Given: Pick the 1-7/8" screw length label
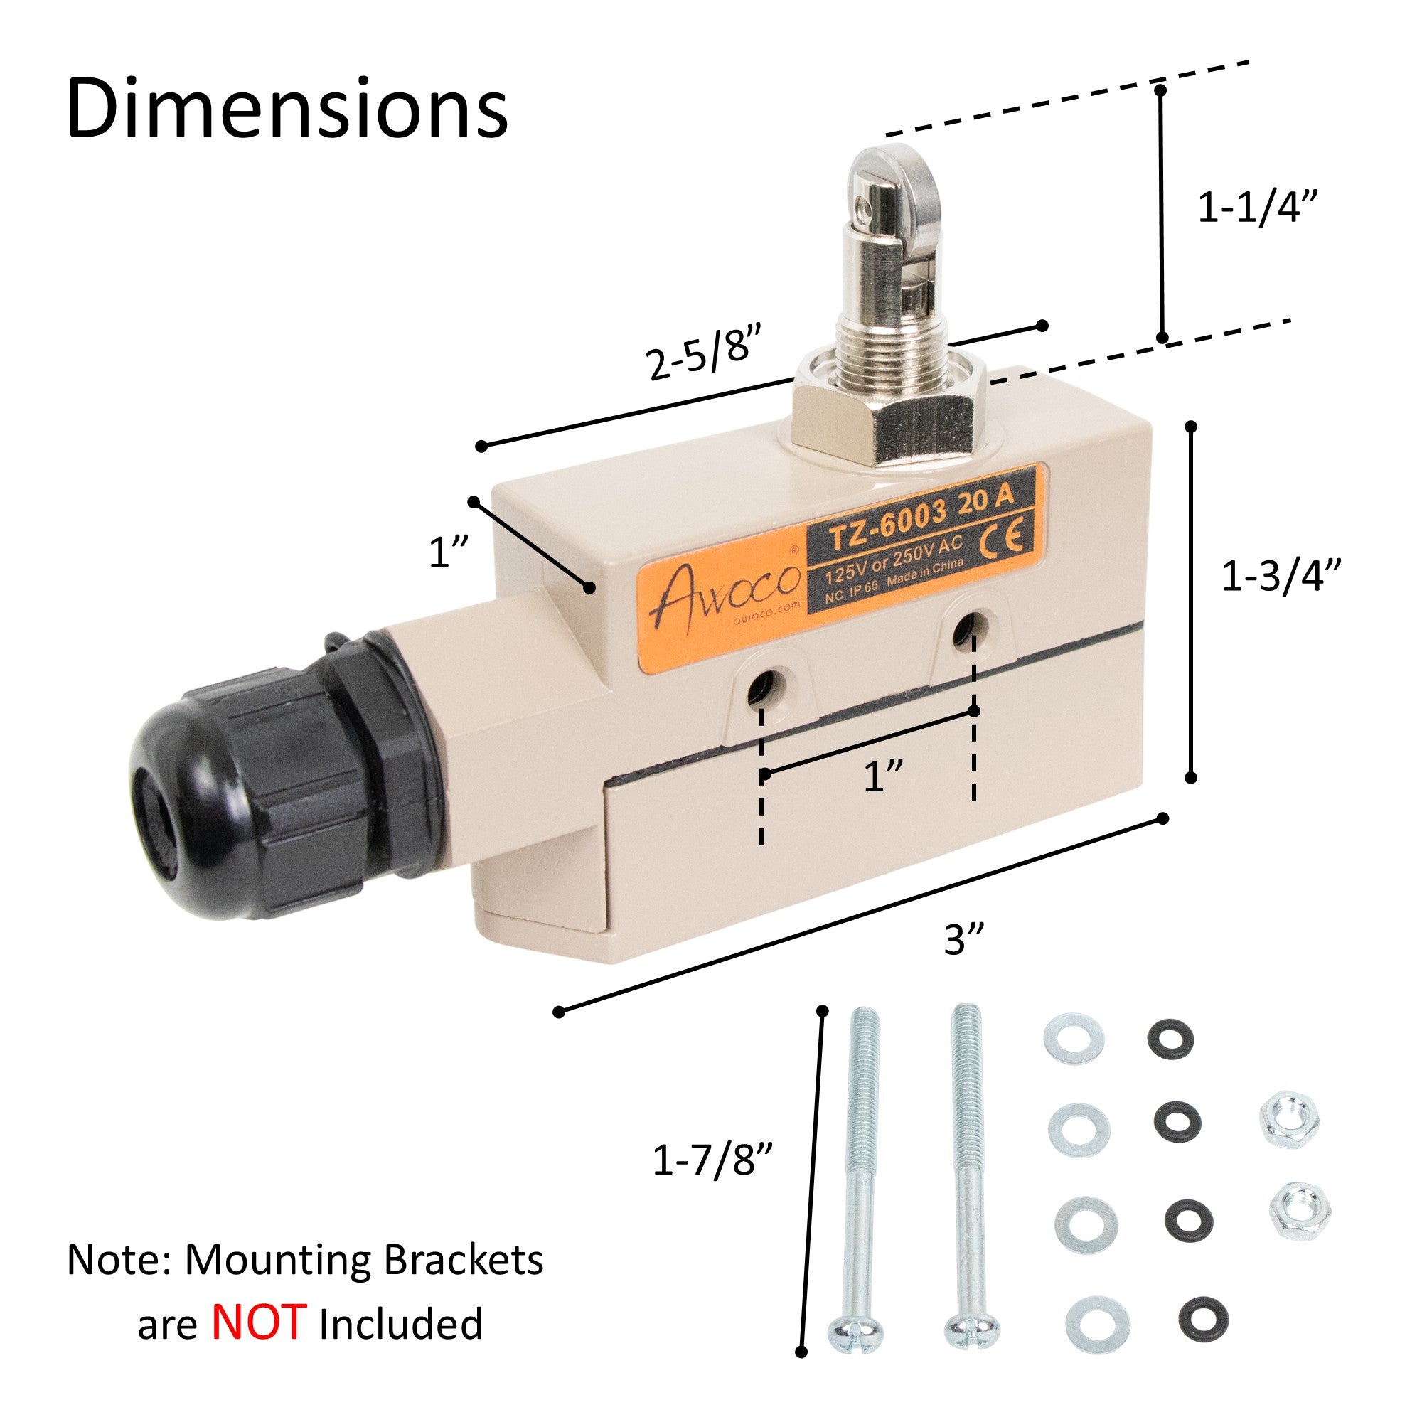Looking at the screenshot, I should coord(712,1162).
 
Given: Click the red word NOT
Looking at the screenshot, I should coord(258,1322).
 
